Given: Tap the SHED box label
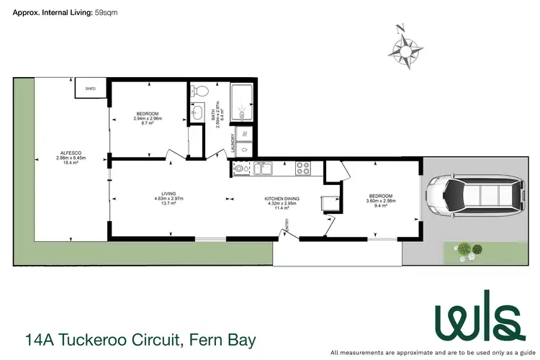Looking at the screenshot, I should [91, 89].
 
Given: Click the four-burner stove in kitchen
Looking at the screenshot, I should [302, 170].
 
